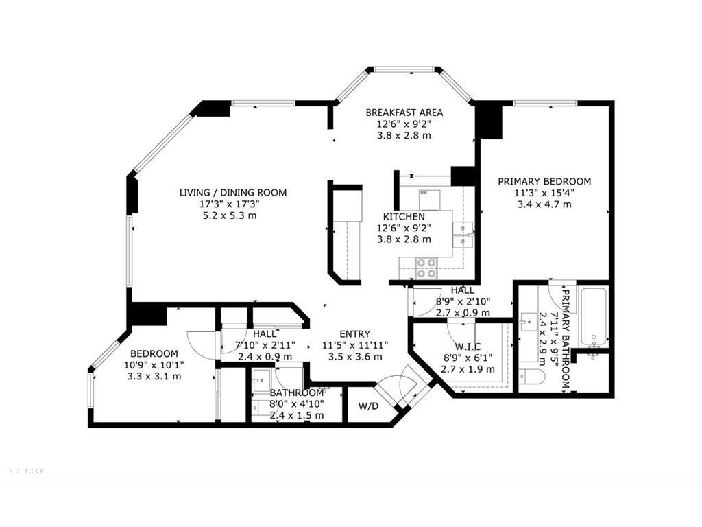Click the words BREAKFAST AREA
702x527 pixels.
pos(404,113)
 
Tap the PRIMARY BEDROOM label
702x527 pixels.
pos(544,181)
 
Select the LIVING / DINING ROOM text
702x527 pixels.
pos(233,193)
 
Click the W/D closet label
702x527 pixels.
pos(367,405)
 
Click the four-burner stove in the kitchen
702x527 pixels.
pos(426,268)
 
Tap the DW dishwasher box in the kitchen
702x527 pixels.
pos(424,193)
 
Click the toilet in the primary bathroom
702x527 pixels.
pos(531,375)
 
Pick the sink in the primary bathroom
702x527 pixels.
pos(529,320)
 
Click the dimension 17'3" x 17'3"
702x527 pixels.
pos(233,204)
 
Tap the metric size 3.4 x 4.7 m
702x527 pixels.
pos(544,204)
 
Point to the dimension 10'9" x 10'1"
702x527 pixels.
pos(154,365)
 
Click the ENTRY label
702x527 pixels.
pos(354,334)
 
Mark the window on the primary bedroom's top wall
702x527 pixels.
pos(545,104)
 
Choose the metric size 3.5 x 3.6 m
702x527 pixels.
pos(354,356)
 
